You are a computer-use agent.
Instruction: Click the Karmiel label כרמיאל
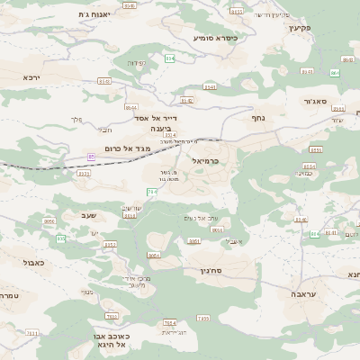[x=205, y=160]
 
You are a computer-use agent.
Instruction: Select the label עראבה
[x=302, y=294]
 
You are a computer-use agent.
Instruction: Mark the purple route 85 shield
[x=91, y=156]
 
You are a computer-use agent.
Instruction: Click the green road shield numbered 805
[x=61, y=238]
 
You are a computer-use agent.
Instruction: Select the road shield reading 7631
[x=31, y=333]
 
